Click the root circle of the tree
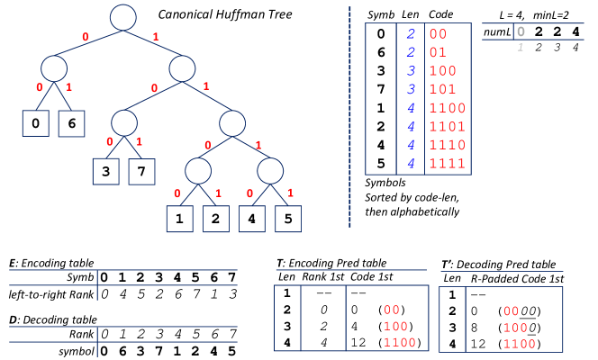pos(123,17)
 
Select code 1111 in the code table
pos(447,163)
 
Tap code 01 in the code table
pos(439,52)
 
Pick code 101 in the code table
pos(442,89)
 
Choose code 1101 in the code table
pos(447,126)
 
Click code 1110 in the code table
pos(447,145)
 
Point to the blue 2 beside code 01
pos(411,52)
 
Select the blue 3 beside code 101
pos(411,89)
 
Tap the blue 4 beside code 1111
pos(411,163)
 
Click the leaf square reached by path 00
pos(35,123)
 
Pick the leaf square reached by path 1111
pos(288,219)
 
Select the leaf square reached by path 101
pos(141,171)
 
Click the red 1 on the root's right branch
pos(156,37)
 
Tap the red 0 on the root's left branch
pos(86,37)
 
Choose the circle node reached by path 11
pos(232,123)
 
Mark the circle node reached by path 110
pos(198,171)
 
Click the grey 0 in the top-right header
pos(521,31)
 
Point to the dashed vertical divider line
pos(349,117)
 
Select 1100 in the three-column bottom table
pos(400,342)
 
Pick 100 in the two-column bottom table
pos(515,328)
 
